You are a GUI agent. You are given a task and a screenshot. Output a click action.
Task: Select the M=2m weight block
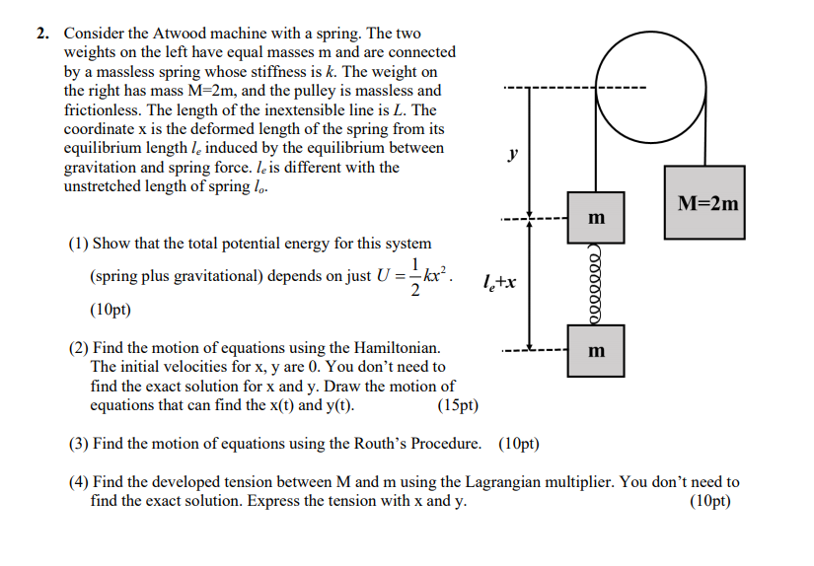pos(703,205)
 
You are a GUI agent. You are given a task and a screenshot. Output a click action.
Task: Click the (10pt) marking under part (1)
pos(110,310)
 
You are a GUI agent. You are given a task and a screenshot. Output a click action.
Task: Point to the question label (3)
pos(80,443)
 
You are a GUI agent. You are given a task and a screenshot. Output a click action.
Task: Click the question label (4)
pos(80,482)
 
